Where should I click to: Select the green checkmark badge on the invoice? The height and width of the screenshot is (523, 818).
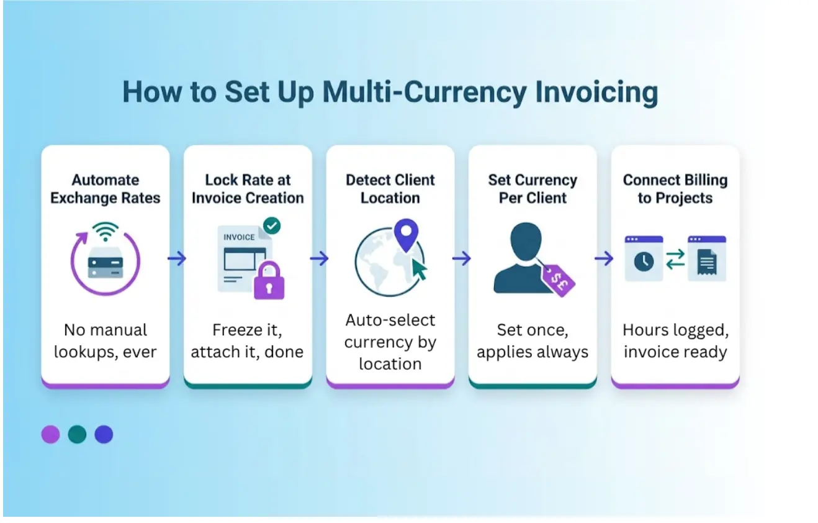click(x=271, y=225)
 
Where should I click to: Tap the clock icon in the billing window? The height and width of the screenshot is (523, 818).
click(x=643, y=261)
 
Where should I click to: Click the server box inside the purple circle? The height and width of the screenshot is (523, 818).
click(x=106, y=266)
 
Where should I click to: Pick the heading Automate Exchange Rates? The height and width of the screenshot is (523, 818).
click(x=106, y=189)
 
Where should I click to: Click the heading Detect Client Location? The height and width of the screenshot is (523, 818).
click(x=390, y=189)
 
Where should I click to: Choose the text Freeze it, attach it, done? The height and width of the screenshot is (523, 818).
click(x=247, y=341)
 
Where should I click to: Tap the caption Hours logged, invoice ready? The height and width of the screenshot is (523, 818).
click(x=675, y=341)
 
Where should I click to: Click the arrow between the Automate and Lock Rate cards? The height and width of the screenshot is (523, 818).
click(x=177, y=258)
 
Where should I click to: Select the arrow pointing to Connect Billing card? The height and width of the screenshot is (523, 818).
click(x=604, y=258)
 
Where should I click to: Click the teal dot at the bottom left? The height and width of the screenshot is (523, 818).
click(x=77, y=434)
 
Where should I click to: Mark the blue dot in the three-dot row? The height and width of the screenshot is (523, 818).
click(x=104, y=434)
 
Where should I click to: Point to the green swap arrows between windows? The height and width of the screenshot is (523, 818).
click(x=675, y=259)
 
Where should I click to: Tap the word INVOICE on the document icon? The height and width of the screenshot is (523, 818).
click(x=239, y=237)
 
